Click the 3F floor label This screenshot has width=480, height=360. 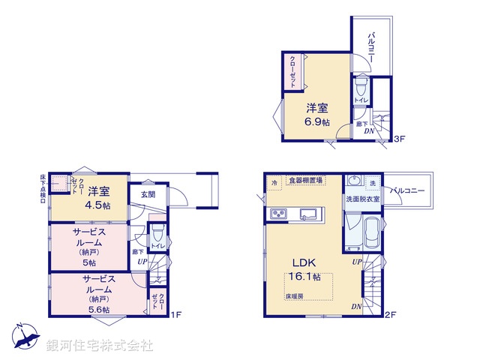coord(400,139)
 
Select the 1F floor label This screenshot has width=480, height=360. coord(175,313)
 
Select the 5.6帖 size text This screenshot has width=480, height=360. coord(95,309)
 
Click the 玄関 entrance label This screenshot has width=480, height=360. coord(148,194)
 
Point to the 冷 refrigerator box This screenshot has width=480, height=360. coord(274,181)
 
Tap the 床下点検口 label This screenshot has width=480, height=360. coord(43,189)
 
